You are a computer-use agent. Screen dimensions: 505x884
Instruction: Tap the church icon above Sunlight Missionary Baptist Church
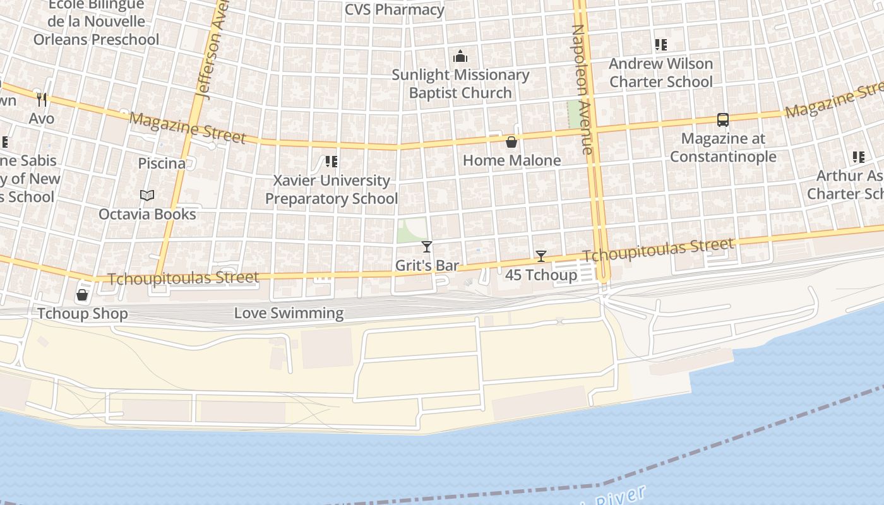point(460,56)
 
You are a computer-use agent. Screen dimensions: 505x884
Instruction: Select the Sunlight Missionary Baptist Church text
point(460,83)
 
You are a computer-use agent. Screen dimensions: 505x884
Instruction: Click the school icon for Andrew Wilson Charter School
point(660,45)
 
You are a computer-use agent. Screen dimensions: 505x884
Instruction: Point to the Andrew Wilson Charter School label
point(660,73)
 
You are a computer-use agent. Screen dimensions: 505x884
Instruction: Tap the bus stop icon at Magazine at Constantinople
point(723,120)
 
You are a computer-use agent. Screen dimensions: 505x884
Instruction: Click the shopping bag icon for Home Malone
point(511,142)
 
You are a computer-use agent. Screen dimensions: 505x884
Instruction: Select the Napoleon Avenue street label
point(582,90)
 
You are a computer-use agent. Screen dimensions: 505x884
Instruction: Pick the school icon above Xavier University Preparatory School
point(331,162)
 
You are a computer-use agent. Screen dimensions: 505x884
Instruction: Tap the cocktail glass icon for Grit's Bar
point(427,247)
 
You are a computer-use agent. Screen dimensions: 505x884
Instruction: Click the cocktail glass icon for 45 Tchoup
point(541,256)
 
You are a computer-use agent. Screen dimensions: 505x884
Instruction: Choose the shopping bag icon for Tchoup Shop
point(82,295)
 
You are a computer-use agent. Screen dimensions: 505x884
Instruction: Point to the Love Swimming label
point(289,312)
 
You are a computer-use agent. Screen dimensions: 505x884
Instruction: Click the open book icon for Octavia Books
point(147,196)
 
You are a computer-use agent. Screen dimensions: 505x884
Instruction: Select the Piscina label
point(162,163)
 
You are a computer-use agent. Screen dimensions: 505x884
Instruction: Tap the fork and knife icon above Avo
point(42,99)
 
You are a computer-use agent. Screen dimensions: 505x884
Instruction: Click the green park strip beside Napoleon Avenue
point(573,114)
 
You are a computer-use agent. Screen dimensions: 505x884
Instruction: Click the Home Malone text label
point(511,160)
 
